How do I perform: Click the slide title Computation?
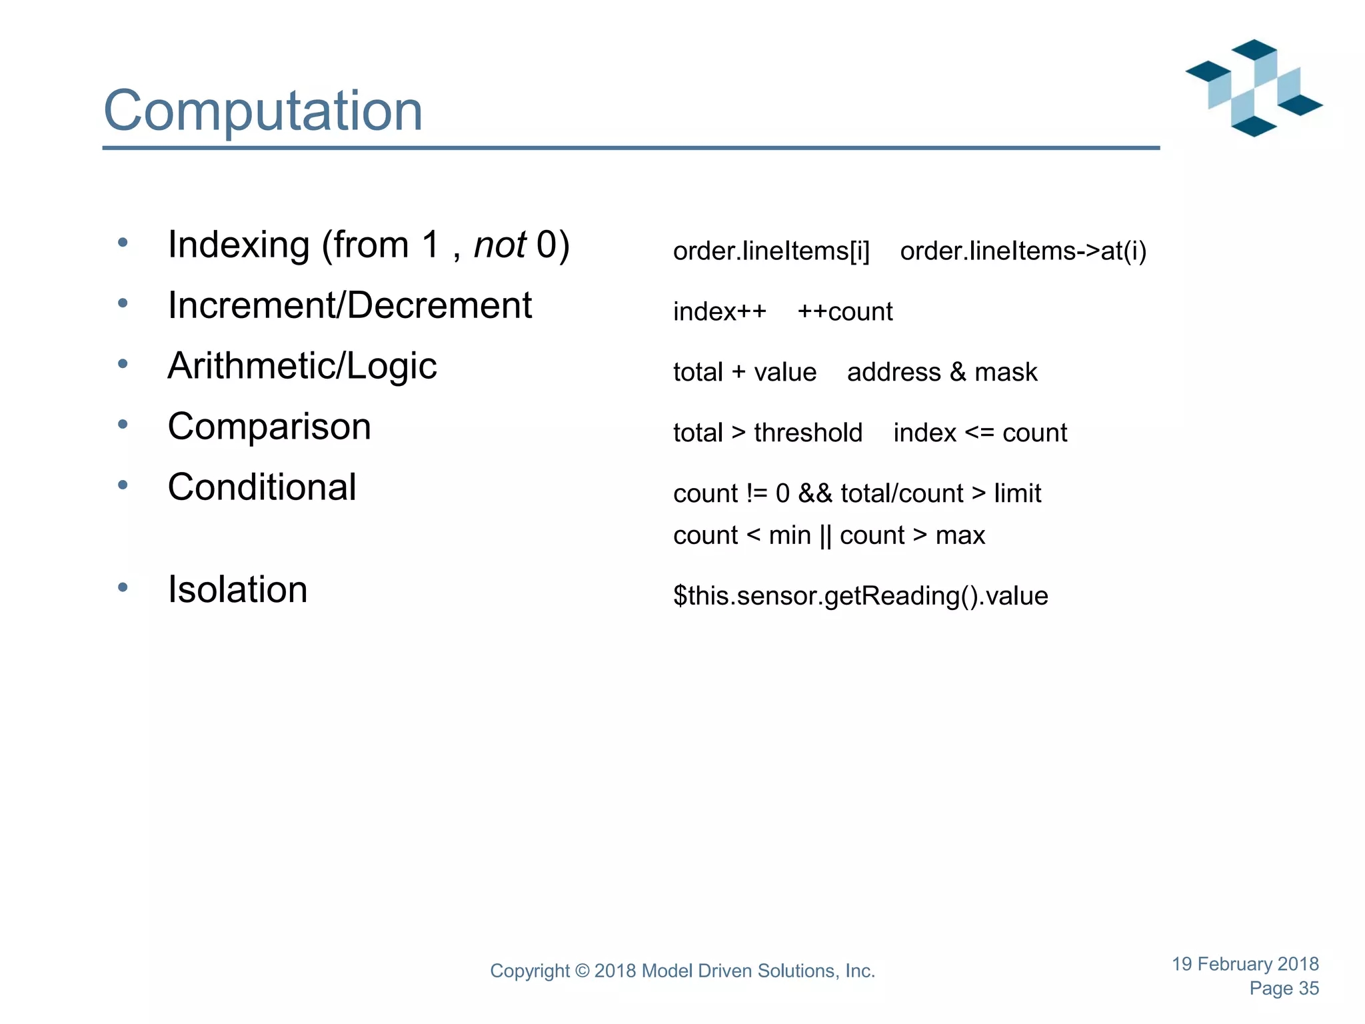tap(263, 111)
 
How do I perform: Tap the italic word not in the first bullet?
tap(500, 245)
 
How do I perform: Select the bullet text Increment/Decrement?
tap(350, 305)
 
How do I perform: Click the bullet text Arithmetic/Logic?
tap(302, 366)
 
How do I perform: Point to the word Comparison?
tap(269, 427)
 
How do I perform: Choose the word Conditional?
tap(262, 487)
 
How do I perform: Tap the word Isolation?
tap(237, 590)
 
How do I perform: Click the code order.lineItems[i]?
tap(771, 251)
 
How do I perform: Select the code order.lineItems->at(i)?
tap(1023, 251)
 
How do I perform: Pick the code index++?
tap(720, 312)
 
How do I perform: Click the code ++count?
tap(844, 312)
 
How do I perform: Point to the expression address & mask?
tap(942, 373)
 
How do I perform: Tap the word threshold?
tap(808, 433)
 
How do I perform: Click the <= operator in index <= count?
tap(979, 433)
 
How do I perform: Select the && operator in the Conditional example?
tap(815, 494)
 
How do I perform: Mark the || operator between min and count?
tap(825, 536)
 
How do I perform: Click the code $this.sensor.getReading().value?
tap(860, 596)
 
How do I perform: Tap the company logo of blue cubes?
tap(1254, 88)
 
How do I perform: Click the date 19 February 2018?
tap(1245, 964)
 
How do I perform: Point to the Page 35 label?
tap(1284, 989)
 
